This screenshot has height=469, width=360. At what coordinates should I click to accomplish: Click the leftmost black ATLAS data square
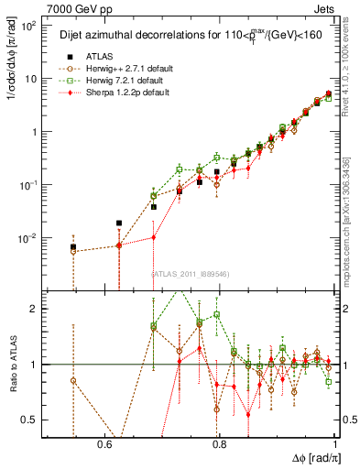point(73,247)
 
